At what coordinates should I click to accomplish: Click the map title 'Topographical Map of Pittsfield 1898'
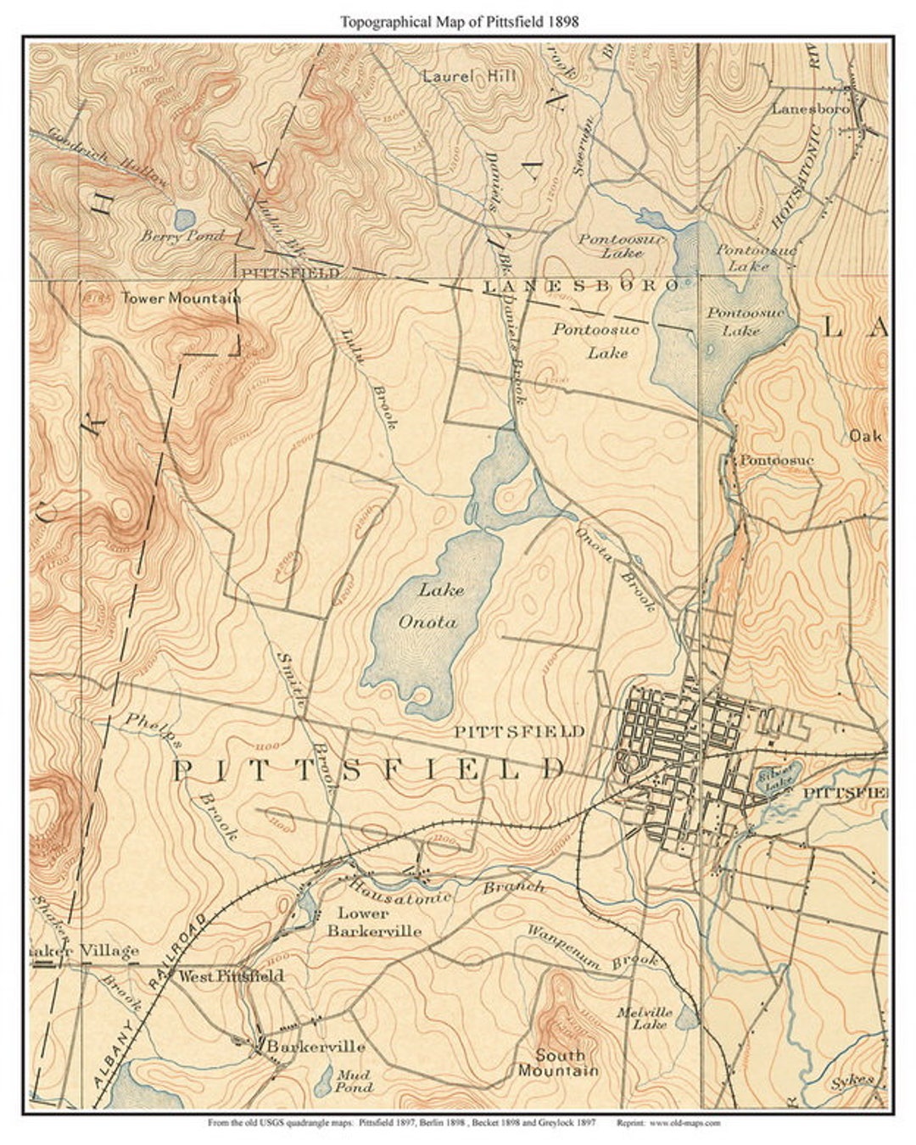459,22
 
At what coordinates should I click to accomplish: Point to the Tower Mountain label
181,298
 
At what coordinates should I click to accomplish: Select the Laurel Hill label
468,75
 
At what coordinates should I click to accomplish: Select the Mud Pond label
352,1081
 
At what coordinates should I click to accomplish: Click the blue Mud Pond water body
324,1080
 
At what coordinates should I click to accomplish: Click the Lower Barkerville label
374,922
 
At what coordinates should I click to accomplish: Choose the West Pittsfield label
230,976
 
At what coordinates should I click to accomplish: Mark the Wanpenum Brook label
593,946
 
